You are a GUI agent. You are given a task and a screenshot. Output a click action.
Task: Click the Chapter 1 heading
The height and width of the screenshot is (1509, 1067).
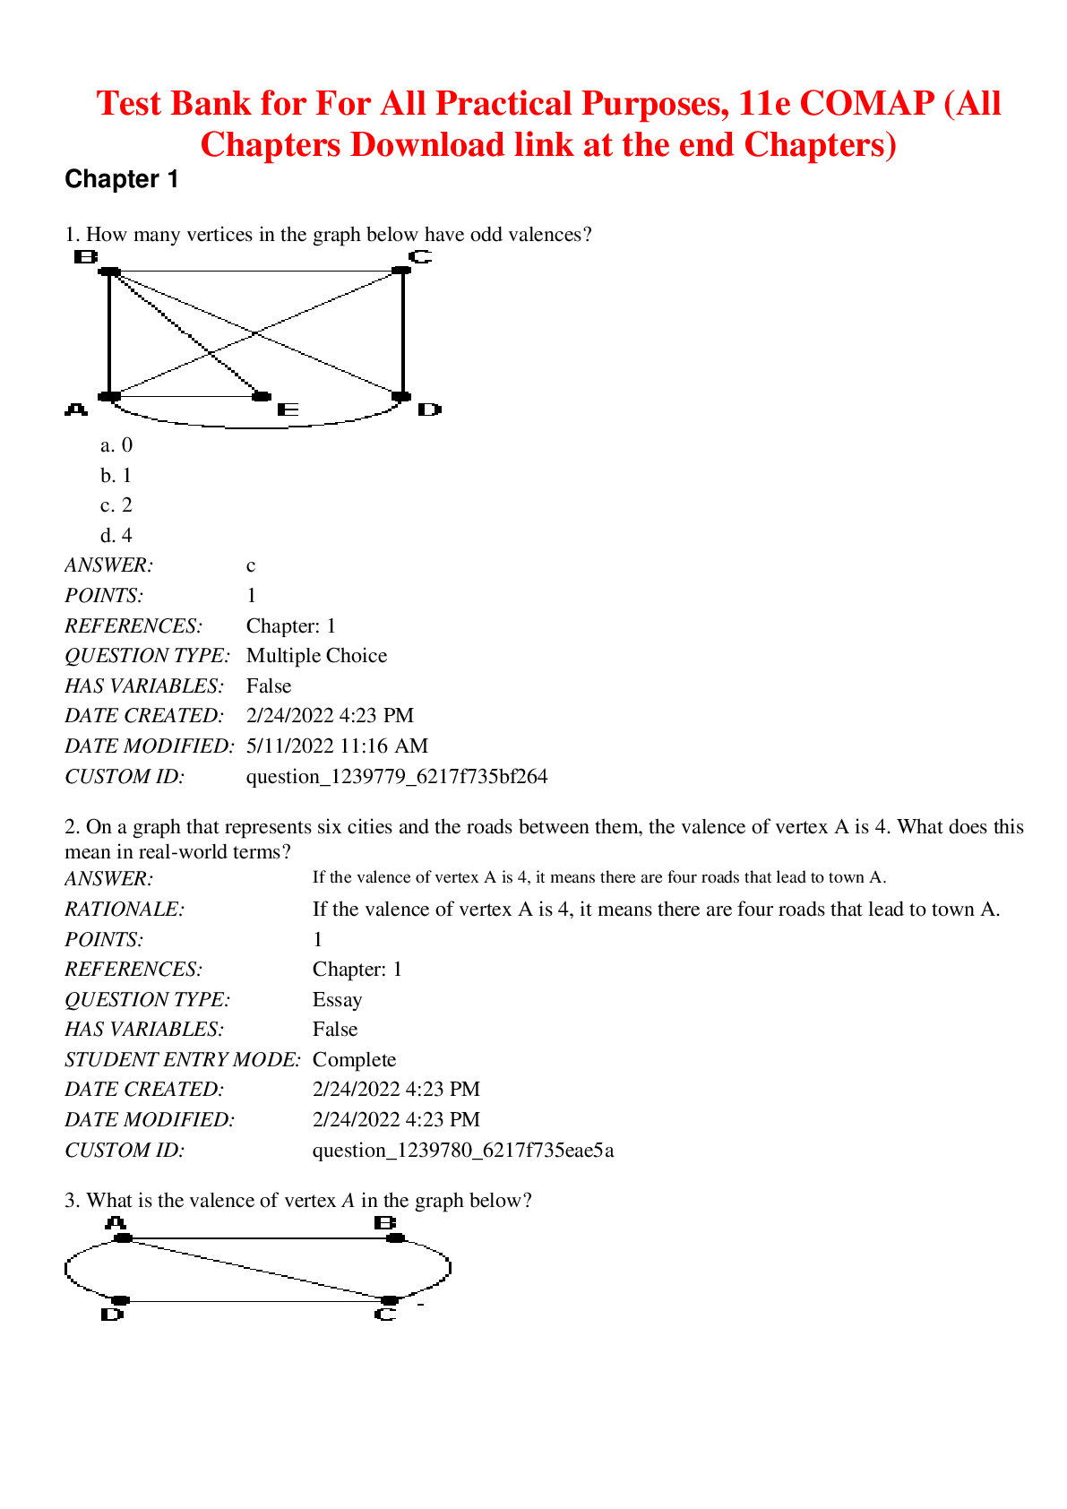coord(122,179)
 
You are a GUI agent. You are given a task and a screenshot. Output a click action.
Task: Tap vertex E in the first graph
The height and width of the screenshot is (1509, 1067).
coord(262,396)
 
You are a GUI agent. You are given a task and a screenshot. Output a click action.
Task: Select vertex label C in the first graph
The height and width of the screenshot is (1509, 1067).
coord(420,257)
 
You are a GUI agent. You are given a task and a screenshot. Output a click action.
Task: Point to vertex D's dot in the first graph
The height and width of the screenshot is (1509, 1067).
coord(401,396)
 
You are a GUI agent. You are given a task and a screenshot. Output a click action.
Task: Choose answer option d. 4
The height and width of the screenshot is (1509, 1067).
coord(116,536)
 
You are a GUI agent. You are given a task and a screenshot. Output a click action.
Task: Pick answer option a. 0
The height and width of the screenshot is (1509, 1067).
coord(116,445)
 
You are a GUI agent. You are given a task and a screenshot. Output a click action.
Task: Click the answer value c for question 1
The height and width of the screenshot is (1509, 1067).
coord(251,565)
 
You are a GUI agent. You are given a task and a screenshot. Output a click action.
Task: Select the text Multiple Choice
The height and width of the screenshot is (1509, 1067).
coord(316,656)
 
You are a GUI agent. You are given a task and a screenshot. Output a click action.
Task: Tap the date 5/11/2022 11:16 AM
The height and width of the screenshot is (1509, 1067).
coord(337,746)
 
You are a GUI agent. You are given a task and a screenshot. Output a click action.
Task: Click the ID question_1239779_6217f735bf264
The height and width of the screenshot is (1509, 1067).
coord(397,777)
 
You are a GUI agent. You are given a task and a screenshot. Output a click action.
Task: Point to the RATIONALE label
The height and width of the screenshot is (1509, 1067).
coord(125,910)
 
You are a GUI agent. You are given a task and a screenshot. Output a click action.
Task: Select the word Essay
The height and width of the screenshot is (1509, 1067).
coord(337,1000)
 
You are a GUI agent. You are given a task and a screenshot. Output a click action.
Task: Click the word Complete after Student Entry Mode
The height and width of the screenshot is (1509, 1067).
coord(354,1060)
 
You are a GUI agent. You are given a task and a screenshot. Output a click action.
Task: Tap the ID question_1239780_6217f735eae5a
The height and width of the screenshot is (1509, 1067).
coord(463,1151)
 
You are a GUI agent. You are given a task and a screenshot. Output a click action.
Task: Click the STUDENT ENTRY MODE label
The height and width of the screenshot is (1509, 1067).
coord(183,1060)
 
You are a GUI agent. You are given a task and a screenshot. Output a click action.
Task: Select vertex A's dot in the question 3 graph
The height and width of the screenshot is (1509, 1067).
coord(124,1237)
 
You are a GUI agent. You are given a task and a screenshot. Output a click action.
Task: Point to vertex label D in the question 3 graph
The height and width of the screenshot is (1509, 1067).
coord(112,1315)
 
